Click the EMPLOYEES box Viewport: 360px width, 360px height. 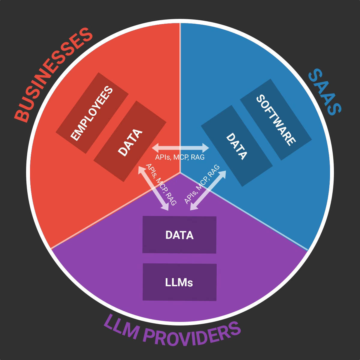pos(92,113)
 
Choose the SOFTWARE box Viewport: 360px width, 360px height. pos(276,119)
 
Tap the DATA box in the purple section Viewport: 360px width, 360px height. pos(179,235)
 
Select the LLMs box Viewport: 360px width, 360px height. pos(179,282)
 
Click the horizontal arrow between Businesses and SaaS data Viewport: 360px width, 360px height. pos(180,148)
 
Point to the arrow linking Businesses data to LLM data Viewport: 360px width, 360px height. pos(153,188)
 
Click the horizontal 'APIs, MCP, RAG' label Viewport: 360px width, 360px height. pos(180,157)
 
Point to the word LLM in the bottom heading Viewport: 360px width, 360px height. pos(120,326)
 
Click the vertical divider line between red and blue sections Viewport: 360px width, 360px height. pos(180,90)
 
